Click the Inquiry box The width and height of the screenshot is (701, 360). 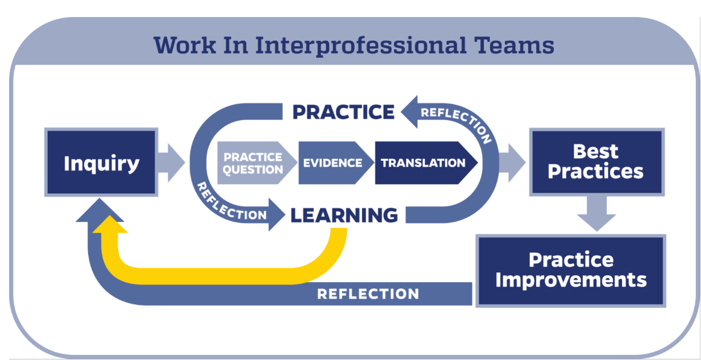tap(101, 162)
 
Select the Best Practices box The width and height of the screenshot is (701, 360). tap(597, 162)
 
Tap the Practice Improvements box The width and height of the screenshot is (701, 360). tap(571, 271)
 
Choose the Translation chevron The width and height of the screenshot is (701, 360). tap(426, 163)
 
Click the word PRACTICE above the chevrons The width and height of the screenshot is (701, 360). tap(343, 112)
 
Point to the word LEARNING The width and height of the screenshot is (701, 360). tap(344, 216)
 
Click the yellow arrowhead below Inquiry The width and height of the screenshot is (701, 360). tap(110, 225)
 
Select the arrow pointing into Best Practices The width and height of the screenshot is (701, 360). tap(512, 163)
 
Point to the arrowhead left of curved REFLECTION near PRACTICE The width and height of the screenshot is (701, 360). tap(410, 112)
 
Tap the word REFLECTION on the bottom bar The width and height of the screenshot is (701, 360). tap(368, 294)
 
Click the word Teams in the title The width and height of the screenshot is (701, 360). tap(514, 45)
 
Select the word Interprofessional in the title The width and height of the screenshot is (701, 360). tap(360, 46)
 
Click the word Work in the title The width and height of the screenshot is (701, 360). tap(185, 45)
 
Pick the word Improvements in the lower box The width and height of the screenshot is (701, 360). tap(571, 280)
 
